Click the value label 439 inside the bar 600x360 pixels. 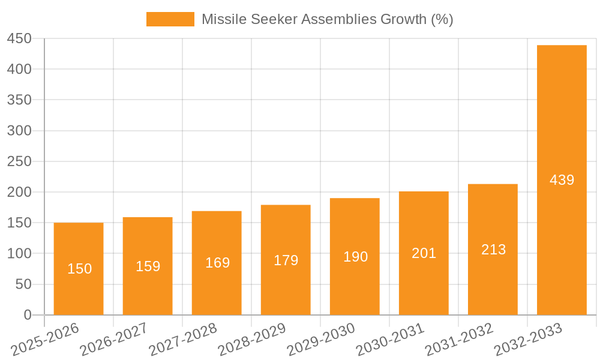(562, 179)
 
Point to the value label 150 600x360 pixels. (79, 269)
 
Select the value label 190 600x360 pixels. (355, 257)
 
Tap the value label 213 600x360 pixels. (493, 250)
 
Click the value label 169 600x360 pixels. (217, 263)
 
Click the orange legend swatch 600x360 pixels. (170, 19)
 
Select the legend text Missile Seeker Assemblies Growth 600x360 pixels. (327, 19)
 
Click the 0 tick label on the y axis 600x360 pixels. (28, 315)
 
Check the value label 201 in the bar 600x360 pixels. (424, 253)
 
